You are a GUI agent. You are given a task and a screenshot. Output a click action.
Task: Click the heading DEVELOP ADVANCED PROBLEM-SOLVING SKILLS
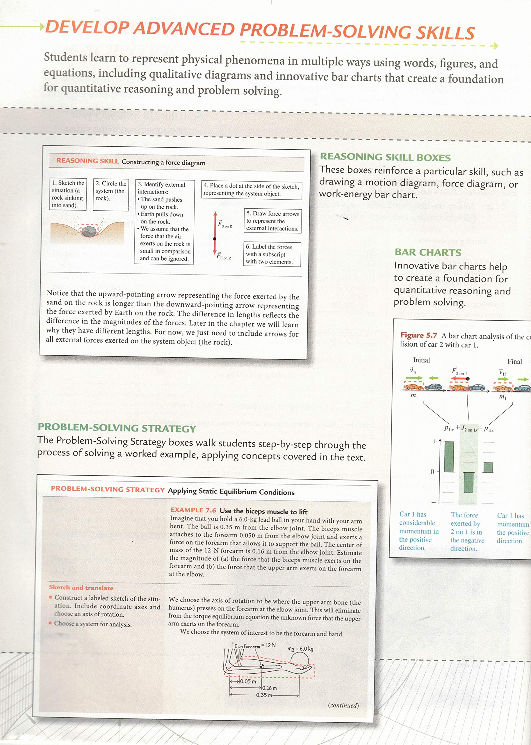point(260,30)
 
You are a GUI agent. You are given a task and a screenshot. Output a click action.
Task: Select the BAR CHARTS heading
point(428,252)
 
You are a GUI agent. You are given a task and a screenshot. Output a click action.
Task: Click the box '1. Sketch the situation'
point(68,194)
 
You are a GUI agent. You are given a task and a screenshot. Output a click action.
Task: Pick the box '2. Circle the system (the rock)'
point(111,194)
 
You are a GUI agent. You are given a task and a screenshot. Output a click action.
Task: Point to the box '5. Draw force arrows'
point(272,221)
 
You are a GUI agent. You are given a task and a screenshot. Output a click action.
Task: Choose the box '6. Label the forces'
point(272,254)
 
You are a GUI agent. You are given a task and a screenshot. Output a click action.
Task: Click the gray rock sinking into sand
point(89,232)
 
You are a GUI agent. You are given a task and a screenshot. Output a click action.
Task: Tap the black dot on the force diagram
point(215,239)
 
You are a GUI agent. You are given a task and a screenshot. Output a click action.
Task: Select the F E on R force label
point(224,256)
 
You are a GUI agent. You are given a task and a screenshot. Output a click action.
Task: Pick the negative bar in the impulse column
point(468,482)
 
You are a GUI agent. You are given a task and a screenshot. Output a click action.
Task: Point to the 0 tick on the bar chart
point(432,471)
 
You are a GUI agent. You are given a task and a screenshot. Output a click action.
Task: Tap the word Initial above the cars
point(421,360)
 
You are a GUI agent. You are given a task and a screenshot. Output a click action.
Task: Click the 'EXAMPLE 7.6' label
point(193,510)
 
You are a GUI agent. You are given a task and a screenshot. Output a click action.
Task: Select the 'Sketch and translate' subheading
point(81,588)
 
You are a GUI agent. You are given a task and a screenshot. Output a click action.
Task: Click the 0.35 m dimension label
point(263,695)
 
